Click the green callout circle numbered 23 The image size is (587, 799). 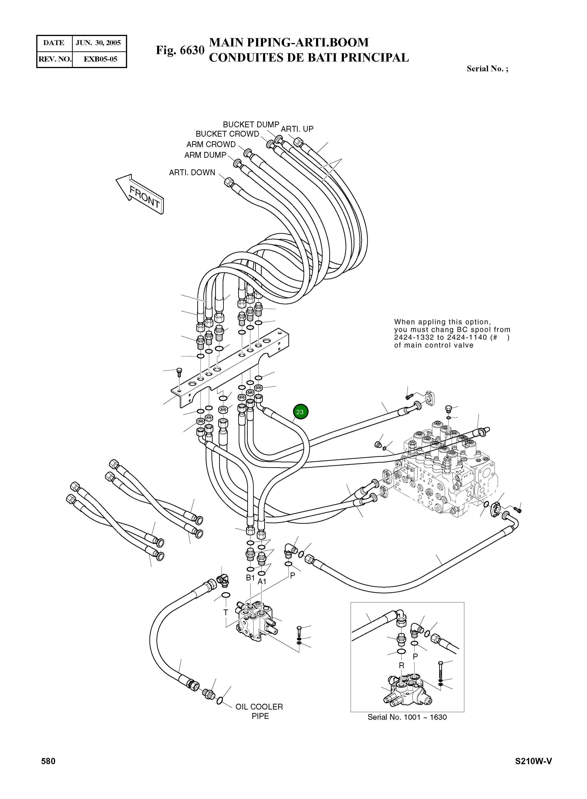pyautogui.click(x=300, y=412)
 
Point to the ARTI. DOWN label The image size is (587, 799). pyautogui.click(x=192, y=173)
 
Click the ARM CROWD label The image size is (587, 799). pyautogui.click(x=211, y=145)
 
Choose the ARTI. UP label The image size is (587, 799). pyautogui.click(x=297, y=129)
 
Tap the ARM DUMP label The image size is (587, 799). pyautogui.click(x=205, y=155)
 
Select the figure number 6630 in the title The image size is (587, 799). pyautogui.click(x=192, y=50)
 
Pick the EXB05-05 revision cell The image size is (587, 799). pyautogui.click(x=100, y=59)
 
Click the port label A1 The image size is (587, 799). pyautogui.click(x=262, y=582)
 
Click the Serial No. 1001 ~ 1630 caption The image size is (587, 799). pyautogui.click(x=407, y=717)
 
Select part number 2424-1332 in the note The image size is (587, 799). pyautogui.click(x=414, y=338)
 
